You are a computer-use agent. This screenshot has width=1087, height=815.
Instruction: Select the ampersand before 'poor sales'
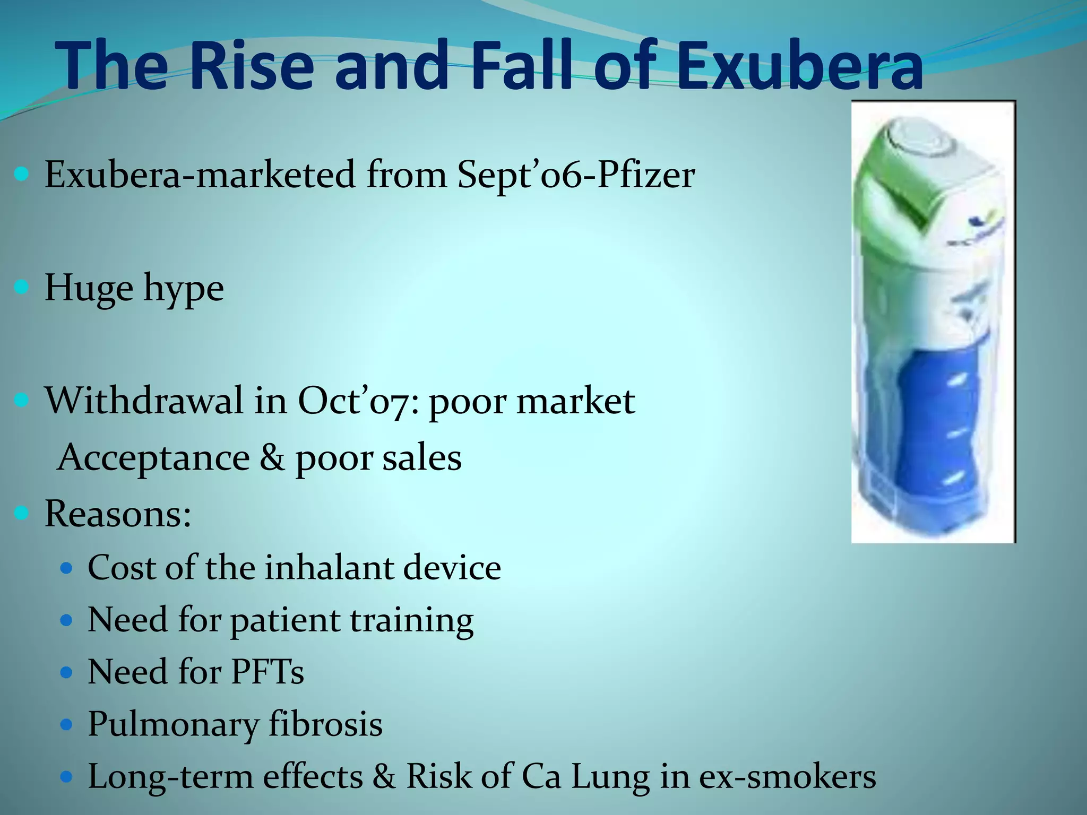tap(272, 458)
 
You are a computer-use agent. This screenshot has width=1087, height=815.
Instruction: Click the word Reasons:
tap(118, 514)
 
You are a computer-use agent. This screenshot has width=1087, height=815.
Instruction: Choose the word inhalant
tap(329, 568)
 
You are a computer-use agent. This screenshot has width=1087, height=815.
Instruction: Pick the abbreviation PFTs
tap(268, 672)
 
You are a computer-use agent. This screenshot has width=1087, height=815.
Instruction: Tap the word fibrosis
tap(325, 724)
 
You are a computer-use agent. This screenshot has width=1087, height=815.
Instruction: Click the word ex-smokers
tap(787, 776)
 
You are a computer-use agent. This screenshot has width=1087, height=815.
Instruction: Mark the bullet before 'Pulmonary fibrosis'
tap(66, 725)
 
